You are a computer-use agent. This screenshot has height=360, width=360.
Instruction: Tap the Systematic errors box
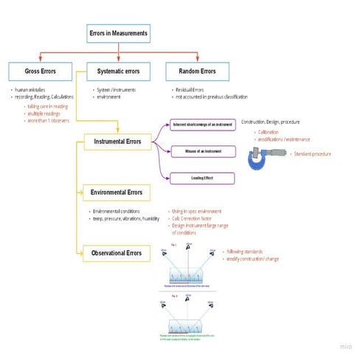119,72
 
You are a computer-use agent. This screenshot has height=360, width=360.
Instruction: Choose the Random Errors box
195,72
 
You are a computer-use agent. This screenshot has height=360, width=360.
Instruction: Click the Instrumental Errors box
119,140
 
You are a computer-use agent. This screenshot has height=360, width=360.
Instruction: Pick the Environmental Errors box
118,193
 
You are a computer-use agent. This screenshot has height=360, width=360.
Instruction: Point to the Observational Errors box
118,254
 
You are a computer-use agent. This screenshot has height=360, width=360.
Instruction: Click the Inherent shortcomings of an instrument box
202,124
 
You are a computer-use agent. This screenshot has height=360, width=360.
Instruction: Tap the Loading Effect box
202,178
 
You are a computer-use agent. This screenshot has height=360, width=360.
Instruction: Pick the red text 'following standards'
247,251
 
